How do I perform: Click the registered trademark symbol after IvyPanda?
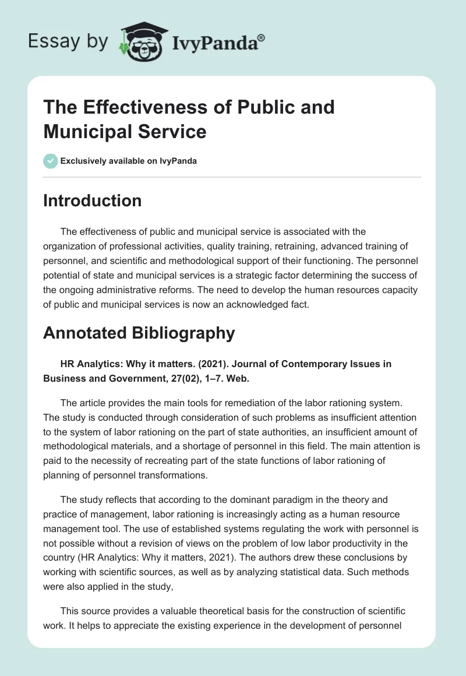click(x=261, y=38)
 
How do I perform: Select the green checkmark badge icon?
click(x=51, y=161)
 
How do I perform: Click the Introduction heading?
click(x=93, y=200)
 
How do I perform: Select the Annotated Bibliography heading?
click(x=139, y=333)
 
